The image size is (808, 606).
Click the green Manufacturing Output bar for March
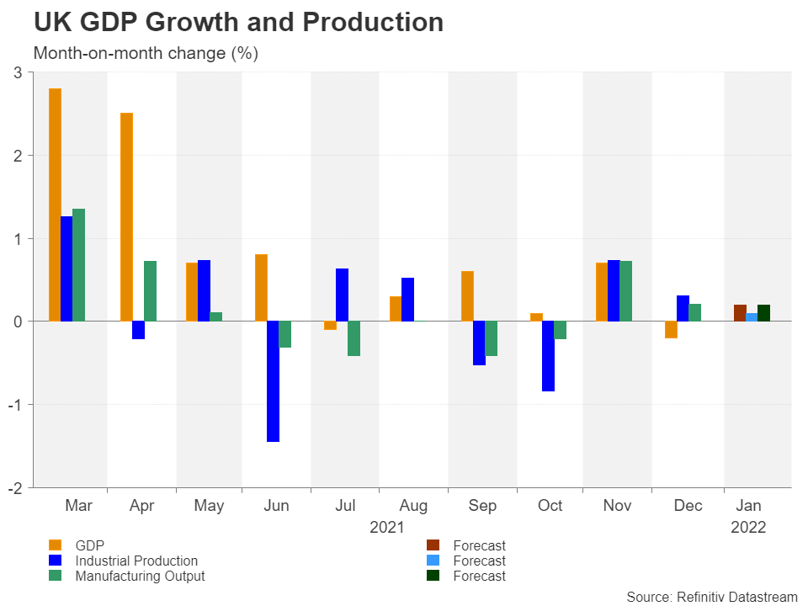pos(78,264)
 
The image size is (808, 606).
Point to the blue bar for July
pos(342,295)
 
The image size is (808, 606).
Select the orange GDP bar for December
pos(670,329)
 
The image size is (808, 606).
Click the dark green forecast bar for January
pos(763,312)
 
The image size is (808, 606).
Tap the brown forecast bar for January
pos(740,312)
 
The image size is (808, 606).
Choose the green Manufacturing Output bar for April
pos(150,291)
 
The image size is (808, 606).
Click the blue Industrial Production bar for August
pos(407,300)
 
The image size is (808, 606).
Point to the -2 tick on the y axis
pos(20,487)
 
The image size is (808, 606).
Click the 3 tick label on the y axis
pos(19,73)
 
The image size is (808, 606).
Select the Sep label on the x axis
pos(482,506)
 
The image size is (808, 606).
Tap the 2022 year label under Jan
pos(748,528)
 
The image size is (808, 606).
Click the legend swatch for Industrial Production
pos(55,561)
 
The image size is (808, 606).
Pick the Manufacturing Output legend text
pos(140,576)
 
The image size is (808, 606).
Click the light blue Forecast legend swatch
pos(433,561)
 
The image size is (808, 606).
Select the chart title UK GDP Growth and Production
pos(238,23)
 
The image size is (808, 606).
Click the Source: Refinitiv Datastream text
pos(711,597)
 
